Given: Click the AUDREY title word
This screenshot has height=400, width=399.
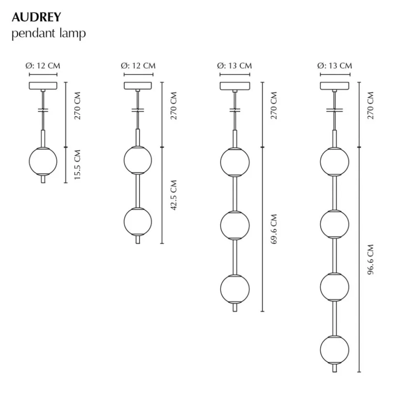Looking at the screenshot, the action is [37, 17].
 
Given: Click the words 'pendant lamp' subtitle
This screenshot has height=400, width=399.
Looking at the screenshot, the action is [49, 33].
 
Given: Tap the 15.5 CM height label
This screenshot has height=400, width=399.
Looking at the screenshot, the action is [77, 164].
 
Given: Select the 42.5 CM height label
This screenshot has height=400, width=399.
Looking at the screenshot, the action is [174, 195].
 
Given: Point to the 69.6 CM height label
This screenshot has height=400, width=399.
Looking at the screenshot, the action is [274, 229].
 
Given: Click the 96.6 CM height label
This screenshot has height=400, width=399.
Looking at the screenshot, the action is [371, 260].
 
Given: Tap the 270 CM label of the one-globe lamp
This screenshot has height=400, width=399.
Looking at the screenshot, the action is [77, 105].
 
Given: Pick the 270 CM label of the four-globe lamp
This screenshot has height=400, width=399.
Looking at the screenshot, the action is [371, 105].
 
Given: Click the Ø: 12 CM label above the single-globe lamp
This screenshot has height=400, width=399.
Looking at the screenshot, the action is [43, 66].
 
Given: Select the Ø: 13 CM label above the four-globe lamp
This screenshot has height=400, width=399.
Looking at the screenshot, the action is [335, 66].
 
